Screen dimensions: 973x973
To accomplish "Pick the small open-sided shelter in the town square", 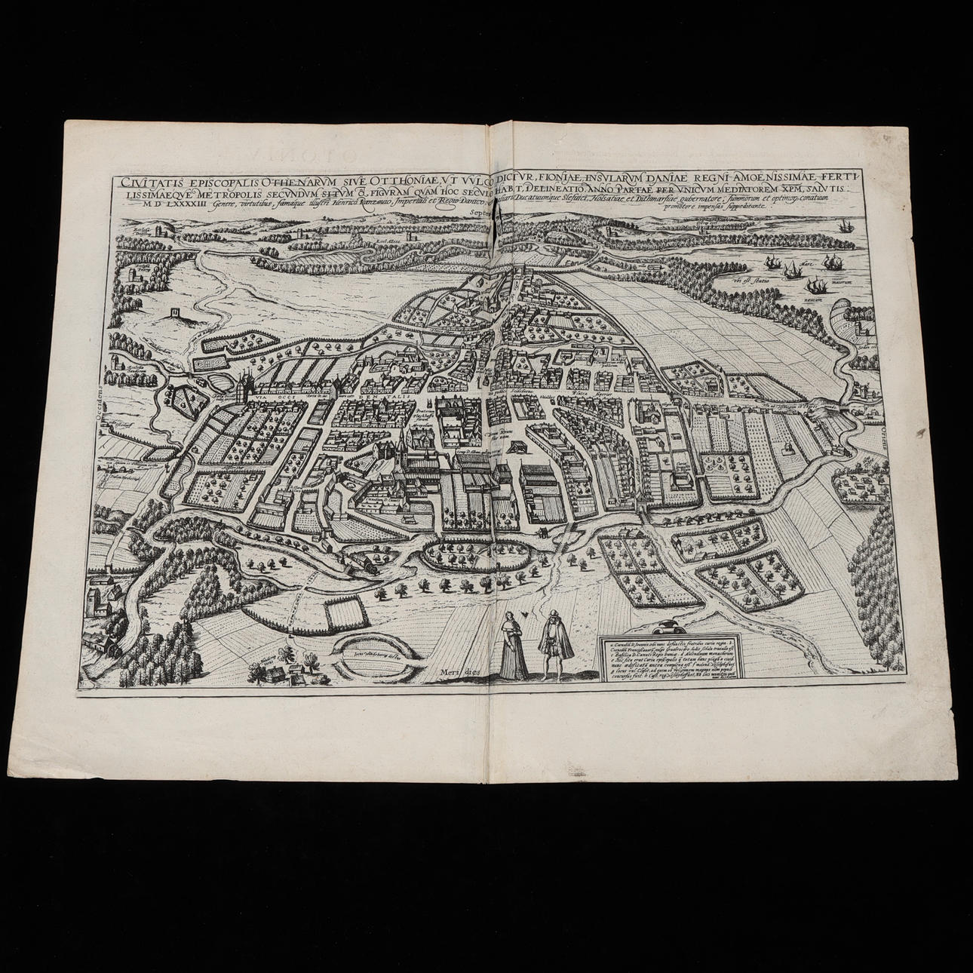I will (519, 447).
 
